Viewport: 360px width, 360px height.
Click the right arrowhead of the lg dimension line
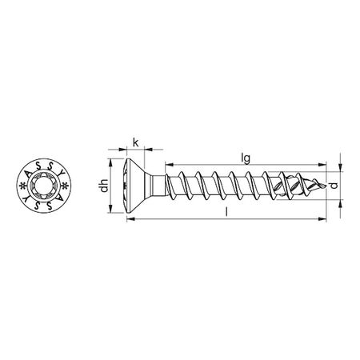pos(324,166)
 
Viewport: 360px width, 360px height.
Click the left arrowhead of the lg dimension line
pos(168,166)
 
